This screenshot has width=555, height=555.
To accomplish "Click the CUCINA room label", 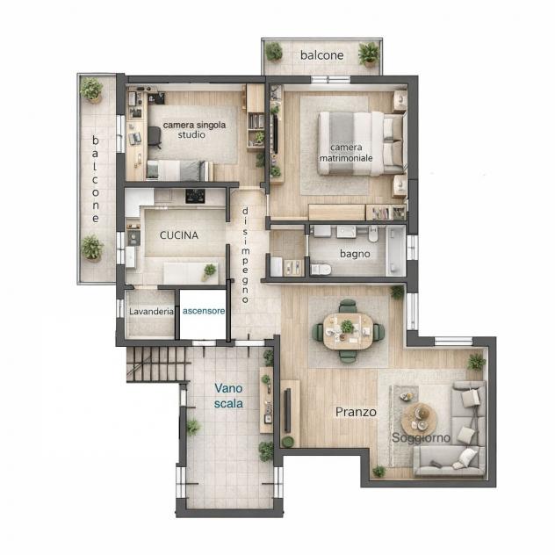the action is [179, 235].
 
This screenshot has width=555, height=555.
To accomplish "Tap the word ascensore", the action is [204, 311].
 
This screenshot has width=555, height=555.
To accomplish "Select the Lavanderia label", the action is [151, 312].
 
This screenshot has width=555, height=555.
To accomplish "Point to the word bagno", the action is [355, 254].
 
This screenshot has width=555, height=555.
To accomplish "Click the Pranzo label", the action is [356, 412].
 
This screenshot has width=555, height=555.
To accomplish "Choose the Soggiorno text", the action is [421, 438].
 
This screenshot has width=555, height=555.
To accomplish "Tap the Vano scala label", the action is [228, 396].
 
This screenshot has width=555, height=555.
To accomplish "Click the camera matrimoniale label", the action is [346, 153].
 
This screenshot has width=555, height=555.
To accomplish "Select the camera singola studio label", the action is [194, 130].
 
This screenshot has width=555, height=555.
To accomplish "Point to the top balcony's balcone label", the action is [321, 55].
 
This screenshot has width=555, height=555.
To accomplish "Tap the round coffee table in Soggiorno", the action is [419, 420].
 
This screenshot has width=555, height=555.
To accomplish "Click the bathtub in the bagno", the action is [395, 251].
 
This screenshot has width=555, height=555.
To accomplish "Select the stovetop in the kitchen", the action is [195, 196].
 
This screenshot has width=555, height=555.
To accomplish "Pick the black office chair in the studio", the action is [154, 136].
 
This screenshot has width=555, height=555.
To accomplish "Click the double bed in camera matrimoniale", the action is [361, 143].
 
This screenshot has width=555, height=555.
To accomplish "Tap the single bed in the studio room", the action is [180, 170].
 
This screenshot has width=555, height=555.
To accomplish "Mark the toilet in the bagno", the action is [321, 269].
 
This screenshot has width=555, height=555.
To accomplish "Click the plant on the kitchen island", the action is [209, 271].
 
